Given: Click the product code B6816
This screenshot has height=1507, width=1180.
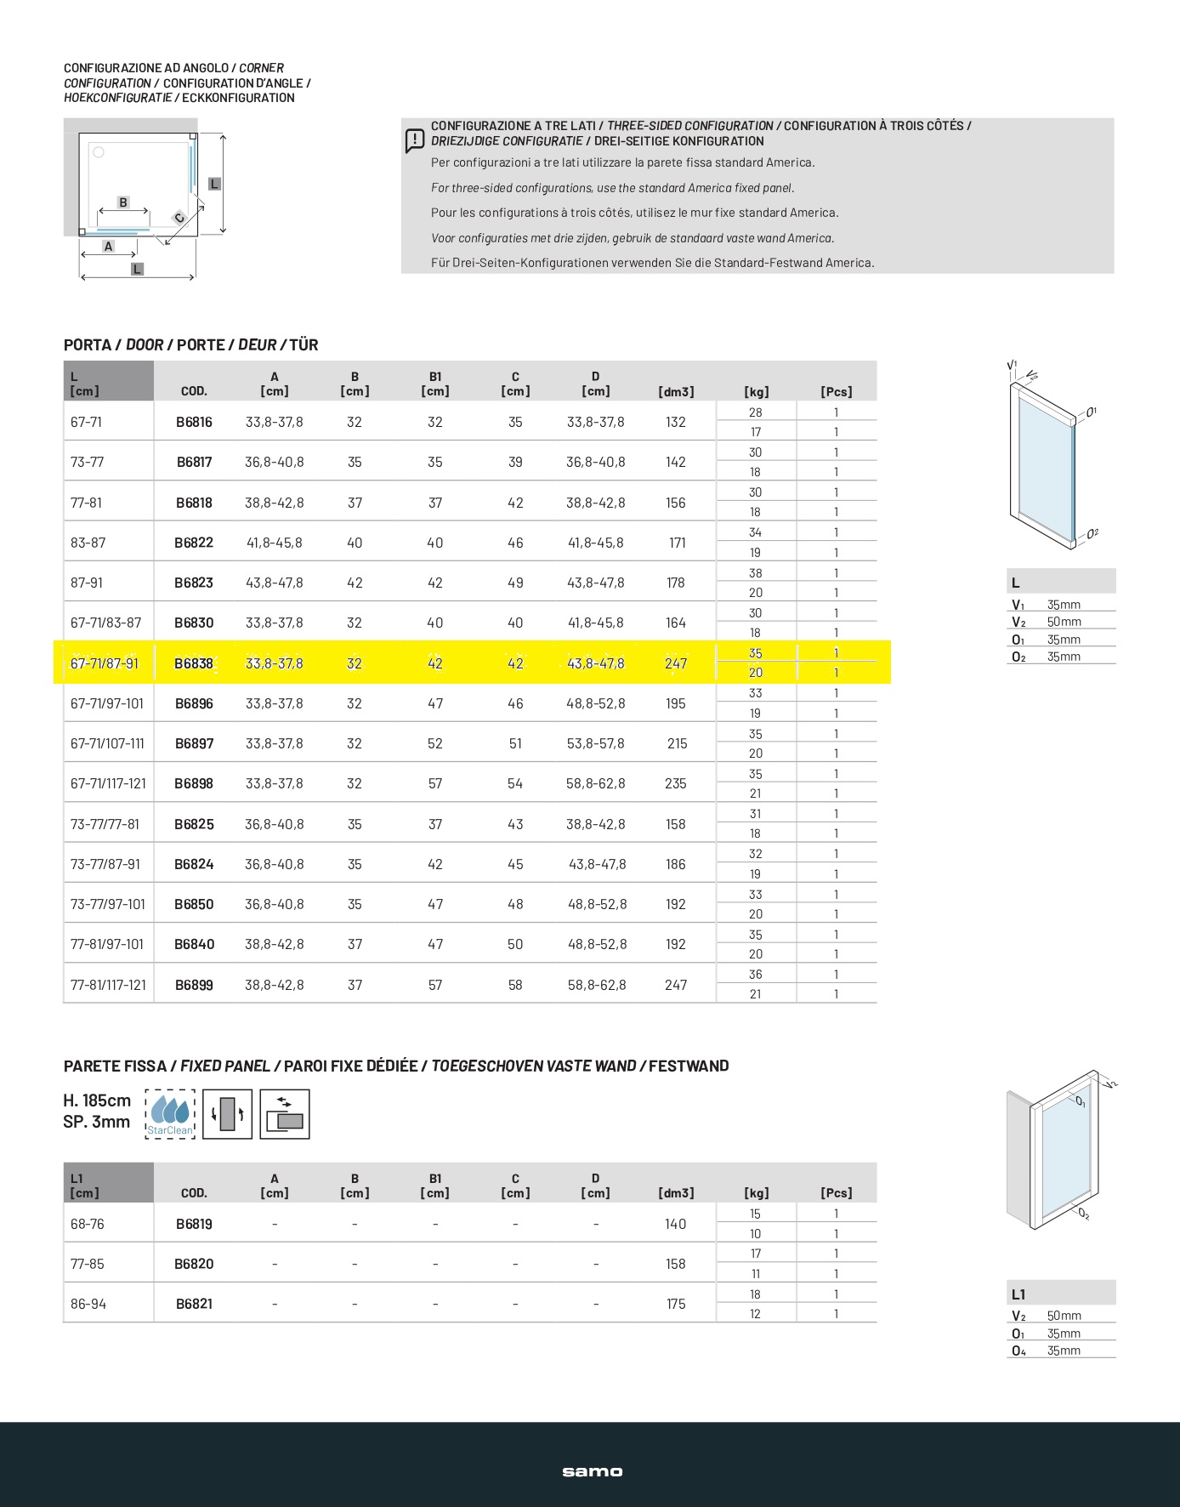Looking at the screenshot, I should [x=194, y=422].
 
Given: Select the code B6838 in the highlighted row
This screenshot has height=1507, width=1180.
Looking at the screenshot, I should [x=194, y=663].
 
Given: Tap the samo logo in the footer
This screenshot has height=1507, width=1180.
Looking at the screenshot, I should [x=592, y=1471].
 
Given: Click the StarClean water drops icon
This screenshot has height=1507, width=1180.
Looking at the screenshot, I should [x=170, y=1113].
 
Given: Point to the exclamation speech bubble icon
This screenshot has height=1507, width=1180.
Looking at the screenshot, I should [x=414, y=140].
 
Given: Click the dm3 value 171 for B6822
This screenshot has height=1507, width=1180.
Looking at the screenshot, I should [x=677, y=543].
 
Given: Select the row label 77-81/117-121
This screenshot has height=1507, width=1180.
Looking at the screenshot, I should [x=108, y=985].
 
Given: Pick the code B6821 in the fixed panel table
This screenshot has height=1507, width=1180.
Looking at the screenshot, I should [x=194, y=1304].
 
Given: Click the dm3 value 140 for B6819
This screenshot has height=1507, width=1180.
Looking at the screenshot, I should [x=676, y=1224].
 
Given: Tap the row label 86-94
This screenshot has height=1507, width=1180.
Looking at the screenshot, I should [x=88, y=1304].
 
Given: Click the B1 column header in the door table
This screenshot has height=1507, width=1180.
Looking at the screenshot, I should [x=435, y=384].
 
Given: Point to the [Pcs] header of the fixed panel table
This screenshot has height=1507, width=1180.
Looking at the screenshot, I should [x=837, y=1193].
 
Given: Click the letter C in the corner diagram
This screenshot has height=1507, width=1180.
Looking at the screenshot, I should [x=179, y=218].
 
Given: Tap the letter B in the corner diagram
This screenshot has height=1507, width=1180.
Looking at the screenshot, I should [x=123, y=202].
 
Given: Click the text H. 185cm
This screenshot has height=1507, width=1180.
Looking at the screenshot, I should [x=97, y=1100].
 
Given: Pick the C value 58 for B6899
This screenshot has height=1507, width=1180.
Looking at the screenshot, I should [x=515, y=985].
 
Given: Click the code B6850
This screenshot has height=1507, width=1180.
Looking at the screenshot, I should [x=194, y=904].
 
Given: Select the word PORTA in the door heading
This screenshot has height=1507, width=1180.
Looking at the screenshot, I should [x=88, y=344].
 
